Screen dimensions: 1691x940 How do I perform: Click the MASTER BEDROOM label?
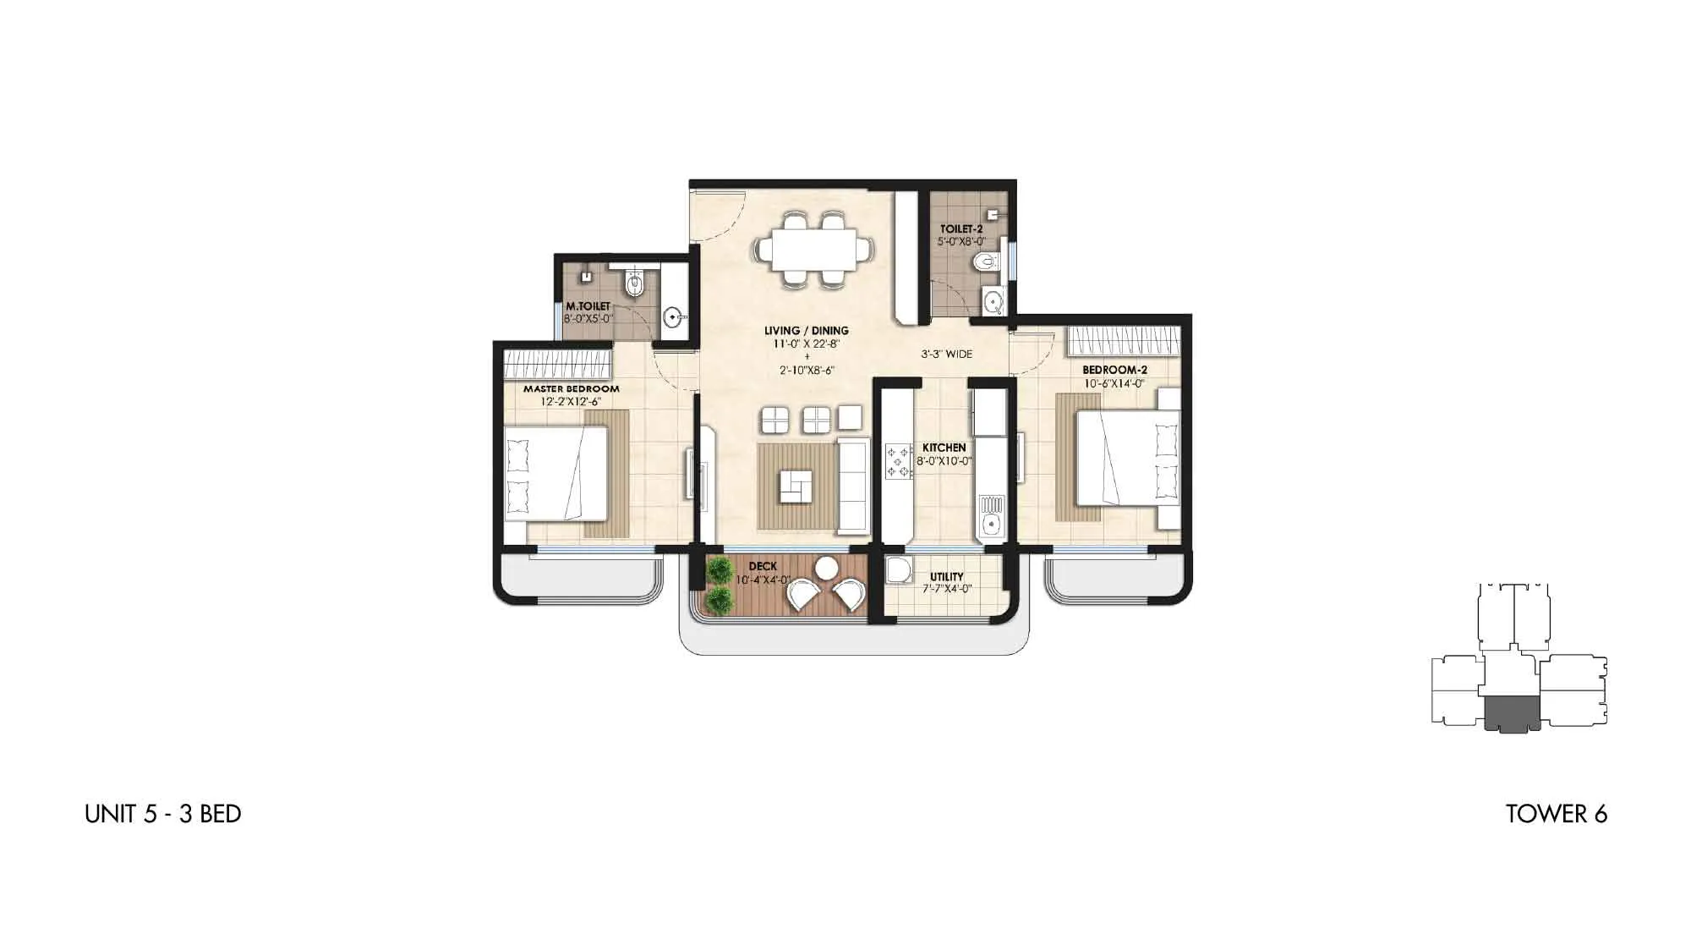572,389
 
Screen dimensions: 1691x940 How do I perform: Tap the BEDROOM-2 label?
1114,370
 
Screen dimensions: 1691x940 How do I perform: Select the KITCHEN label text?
944,448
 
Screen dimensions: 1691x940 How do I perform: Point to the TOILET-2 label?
961,229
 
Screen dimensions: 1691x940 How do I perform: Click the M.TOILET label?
588,306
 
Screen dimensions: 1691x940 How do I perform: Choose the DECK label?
763,567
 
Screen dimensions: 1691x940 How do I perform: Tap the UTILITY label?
947,577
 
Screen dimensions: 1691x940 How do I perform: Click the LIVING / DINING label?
807,331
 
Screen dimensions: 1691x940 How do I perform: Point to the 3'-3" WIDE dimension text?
947,355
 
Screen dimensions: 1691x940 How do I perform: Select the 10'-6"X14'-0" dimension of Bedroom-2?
1114,383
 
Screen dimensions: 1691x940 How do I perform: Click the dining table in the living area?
815,250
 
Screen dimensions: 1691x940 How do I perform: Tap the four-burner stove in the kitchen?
897,462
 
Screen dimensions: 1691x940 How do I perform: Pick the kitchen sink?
990,517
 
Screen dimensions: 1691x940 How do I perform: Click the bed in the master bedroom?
556,473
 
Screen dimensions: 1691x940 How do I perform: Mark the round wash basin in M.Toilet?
674,318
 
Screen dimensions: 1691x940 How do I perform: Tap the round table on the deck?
826,567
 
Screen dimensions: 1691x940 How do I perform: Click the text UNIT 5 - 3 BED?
163,814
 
